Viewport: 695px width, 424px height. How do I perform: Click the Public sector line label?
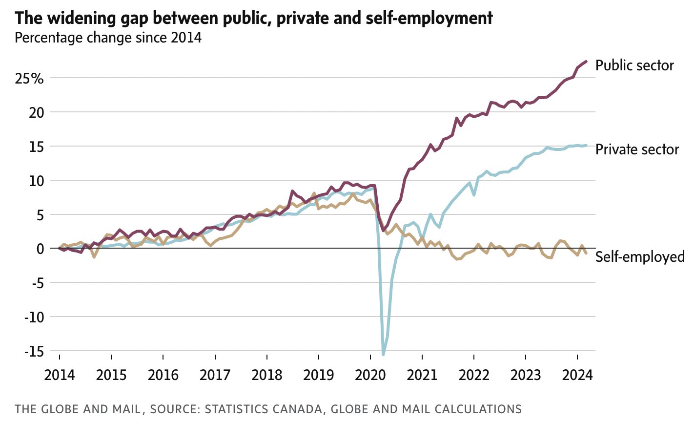tap(634, 65)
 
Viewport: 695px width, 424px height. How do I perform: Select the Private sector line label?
tap(637, 149)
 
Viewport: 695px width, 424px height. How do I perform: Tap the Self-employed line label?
tap(640, 256)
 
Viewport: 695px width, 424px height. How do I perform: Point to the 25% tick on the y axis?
tap(29, 78)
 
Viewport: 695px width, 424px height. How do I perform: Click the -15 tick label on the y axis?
tap(33, 351)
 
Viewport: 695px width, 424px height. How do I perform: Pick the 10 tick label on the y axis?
tap(36, 181)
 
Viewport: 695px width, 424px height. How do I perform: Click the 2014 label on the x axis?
tap(60, 375)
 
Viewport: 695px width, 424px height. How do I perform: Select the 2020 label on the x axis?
tap(370, 375)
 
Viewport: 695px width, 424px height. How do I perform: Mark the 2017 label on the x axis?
tap(215, 375)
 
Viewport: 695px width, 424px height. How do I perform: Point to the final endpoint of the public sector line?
tap(586, 62)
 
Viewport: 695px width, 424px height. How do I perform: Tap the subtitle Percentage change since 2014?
tap(108, 38)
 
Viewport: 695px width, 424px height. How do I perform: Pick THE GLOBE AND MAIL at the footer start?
tap(78, 409)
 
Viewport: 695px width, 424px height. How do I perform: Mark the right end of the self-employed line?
tap(586, 253)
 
